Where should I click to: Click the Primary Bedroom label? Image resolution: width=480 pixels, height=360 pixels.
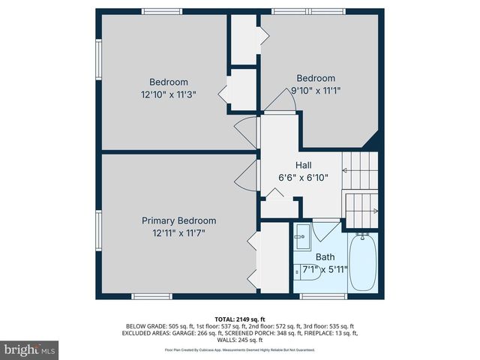pos(178,220)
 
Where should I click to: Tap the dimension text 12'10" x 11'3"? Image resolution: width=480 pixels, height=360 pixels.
pos(169,95)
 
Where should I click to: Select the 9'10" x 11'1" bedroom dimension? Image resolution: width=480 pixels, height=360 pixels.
pos(316,91)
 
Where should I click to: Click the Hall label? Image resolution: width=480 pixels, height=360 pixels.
pos(304,166)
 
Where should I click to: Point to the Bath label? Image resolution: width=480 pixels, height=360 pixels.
pos(325,256)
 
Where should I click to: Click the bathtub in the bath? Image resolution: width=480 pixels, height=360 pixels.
pos(364,262)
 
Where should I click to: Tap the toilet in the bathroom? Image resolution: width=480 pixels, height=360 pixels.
pos(308,272)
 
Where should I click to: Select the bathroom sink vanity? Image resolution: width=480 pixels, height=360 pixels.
pos(302,238)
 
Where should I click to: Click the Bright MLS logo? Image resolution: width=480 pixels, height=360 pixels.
pos(30,349)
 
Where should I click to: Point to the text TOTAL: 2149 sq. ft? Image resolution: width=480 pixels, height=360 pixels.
pos(240,319)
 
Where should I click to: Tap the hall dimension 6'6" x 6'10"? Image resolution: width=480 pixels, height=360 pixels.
pos(304,178)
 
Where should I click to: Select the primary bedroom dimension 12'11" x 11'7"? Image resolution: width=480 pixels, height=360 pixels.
pos(178,233)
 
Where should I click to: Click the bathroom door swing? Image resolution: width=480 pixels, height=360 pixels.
pos(325,229)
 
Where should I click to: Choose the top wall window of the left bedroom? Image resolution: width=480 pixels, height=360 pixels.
pos(162,11)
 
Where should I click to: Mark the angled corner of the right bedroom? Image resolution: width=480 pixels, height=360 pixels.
pos(370,140)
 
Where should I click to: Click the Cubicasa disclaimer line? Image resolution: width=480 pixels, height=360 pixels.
pos(240,349)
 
